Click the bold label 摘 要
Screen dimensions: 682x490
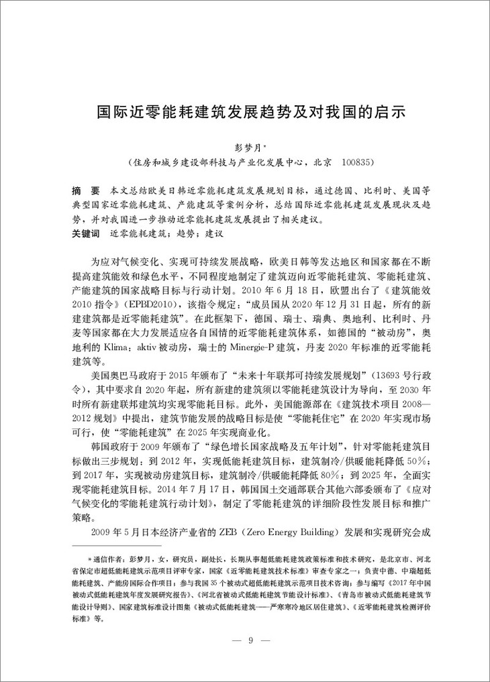click(85, 190)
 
